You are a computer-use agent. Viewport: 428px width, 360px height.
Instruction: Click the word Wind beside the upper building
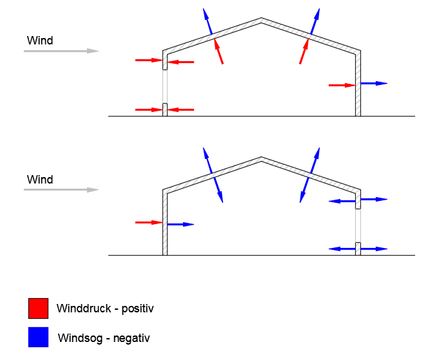(x=39, y=41)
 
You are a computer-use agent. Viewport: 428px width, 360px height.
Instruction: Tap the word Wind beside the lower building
(x=39, y=179)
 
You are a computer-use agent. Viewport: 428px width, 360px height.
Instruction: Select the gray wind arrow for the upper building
(x=61, y=50)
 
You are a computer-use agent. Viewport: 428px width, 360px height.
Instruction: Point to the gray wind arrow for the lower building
(x=61, y=189)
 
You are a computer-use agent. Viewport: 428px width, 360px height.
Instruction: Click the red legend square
(x=38, y=308)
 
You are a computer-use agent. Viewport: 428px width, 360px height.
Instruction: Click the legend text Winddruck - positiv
(x=105, y=308)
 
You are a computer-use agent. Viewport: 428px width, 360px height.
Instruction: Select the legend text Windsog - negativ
(x=104, y=337)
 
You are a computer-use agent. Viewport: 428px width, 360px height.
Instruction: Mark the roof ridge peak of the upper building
(x=261, y=19)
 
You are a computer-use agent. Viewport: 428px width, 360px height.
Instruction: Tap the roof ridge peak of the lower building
(x=261, y=158)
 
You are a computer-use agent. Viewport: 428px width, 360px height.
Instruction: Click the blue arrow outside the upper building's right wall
(x=374, y=83)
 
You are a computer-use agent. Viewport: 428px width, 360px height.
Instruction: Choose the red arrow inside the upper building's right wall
(x=342, y=84)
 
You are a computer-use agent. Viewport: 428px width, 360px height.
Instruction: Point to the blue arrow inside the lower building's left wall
(x=180, y=224)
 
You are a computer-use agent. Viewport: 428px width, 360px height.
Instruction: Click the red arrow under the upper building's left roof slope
(x=219, y=52)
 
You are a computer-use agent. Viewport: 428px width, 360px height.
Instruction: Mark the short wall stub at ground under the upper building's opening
(x=165, y=109)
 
